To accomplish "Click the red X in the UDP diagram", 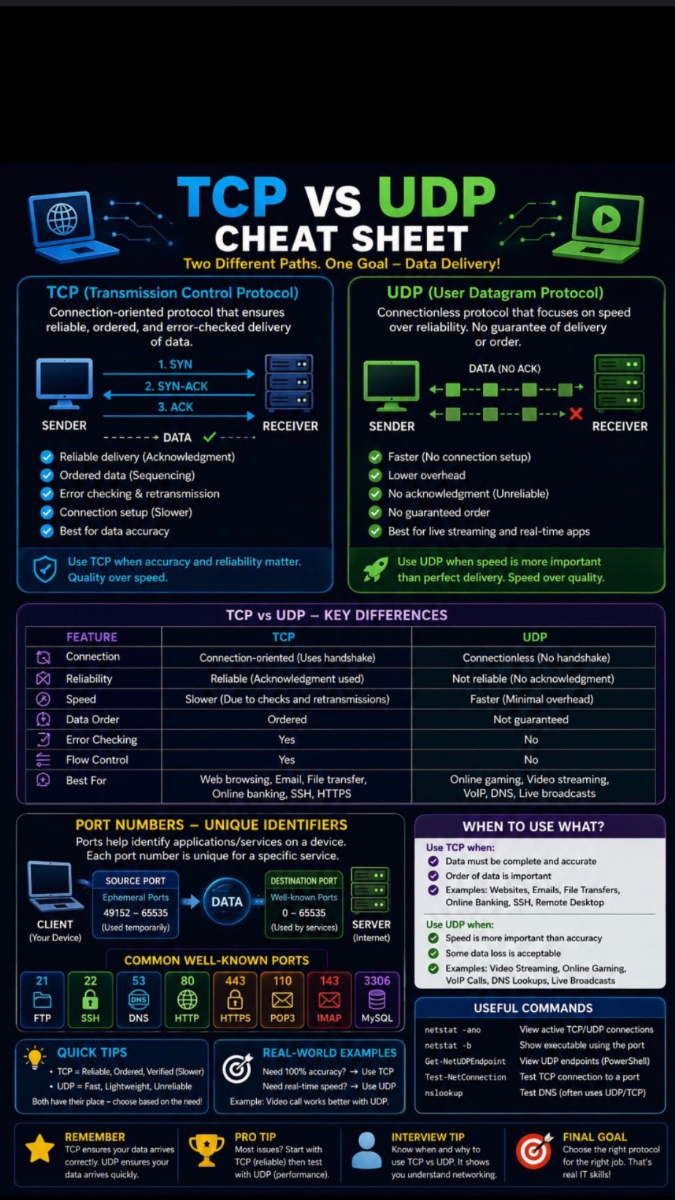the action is [x=576, y=413].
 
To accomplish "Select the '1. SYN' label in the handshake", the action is [x=175, y=364].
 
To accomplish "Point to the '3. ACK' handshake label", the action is [x=176, y=407].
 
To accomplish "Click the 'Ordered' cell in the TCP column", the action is [x=287, y=719].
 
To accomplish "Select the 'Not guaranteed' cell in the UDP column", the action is [x=531, y=719].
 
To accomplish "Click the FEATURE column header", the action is [x=92, y=637].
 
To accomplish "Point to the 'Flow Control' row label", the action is [x=97, y=759].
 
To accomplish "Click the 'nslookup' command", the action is [x=444, y=1093].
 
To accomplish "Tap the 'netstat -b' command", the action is [x=447, y=1045].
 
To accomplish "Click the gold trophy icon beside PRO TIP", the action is [x=206, y=1150].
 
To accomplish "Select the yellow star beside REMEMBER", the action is [x=40, y=1148].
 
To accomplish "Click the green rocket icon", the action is [x=376, y=569].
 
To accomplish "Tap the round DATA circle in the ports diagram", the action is [x=227, y=901].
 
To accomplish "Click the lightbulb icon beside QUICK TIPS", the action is [x=35, y=1057].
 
